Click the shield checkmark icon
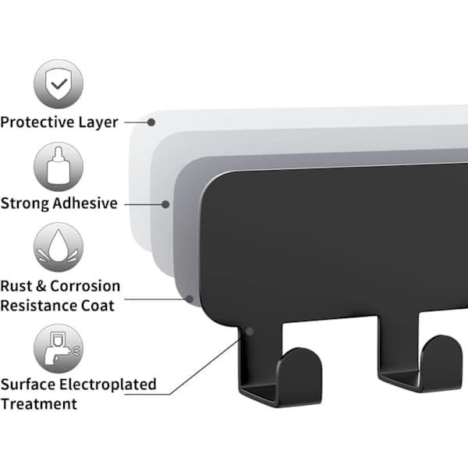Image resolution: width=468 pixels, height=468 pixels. click(58, 84)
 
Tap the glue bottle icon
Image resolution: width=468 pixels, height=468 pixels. click(58, 167)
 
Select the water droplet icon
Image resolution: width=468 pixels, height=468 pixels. click(58, 247)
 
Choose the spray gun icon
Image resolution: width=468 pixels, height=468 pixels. click(58, 349)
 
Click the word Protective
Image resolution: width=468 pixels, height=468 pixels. click(37, 122)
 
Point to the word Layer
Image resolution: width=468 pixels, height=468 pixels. click(98, 122)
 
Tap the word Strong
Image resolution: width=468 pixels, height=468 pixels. click(25, 204)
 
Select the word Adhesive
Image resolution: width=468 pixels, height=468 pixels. click(85, 204)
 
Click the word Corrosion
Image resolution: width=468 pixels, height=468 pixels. click(85, 286)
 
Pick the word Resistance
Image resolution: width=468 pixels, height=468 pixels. click(34, 306)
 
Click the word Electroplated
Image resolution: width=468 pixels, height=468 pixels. click(108, 385)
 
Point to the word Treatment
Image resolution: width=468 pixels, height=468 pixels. click(39, 404)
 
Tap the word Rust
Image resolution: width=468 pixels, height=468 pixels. click(16, 286)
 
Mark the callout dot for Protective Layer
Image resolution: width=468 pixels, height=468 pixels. click(151, 122)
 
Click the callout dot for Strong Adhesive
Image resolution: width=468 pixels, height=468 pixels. click(165, 204)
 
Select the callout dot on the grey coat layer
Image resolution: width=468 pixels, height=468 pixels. click(190, 299)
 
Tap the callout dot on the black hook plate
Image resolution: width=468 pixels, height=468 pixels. click(250, 331)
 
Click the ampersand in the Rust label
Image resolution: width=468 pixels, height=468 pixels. click(41, 286)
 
